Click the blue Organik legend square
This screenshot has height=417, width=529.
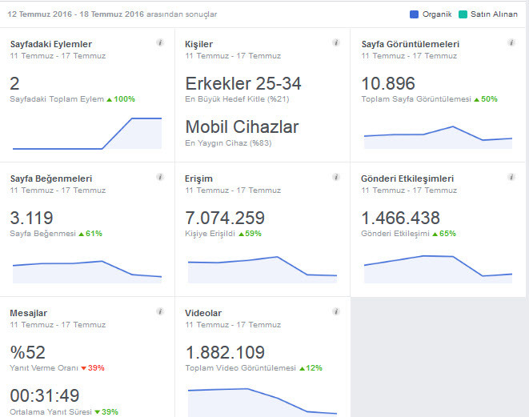414,14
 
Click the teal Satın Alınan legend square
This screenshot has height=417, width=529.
463,14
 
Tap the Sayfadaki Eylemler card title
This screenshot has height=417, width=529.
51,44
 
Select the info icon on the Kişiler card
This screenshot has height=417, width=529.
335,42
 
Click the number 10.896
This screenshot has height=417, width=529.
388,83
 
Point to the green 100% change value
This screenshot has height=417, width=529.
124,99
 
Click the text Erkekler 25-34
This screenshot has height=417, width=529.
243,83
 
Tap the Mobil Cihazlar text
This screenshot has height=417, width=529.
242,126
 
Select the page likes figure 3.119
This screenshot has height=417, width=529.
31,218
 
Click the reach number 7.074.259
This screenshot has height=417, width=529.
225,218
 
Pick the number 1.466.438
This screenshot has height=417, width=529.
400,218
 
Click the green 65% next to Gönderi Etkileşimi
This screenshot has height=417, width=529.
447,234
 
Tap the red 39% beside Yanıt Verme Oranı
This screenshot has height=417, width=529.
96,368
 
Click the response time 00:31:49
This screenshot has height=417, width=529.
45,395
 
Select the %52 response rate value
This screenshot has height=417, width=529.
28,352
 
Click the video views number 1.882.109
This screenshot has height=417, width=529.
225,352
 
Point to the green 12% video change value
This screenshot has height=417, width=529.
314,368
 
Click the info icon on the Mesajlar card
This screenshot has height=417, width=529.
160,311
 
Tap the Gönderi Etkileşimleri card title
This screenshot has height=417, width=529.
407,178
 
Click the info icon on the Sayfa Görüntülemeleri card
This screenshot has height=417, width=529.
511,42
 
